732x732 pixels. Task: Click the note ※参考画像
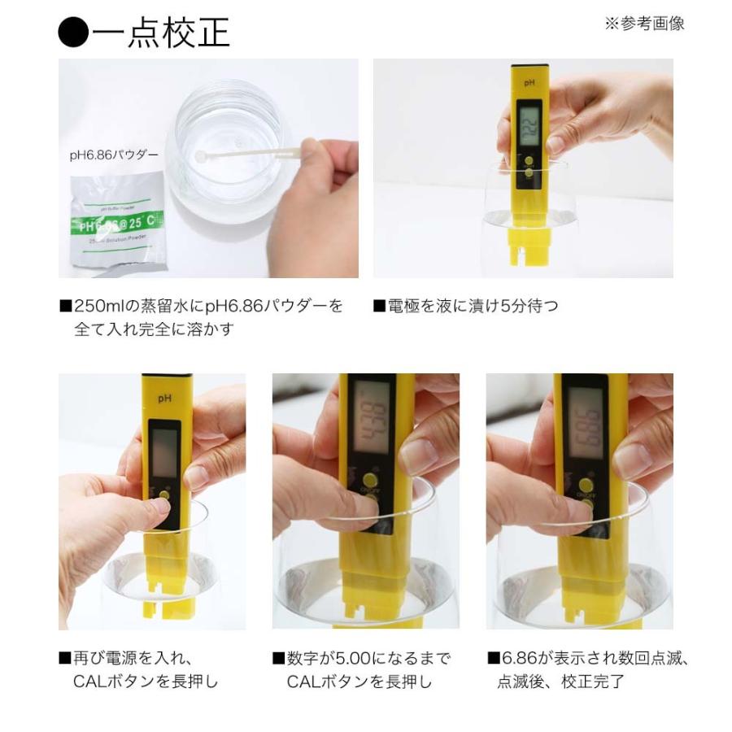644,24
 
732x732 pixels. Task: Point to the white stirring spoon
244,154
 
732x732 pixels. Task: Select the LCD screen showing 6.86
584,420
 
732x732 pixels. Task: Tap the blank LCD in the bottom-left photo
166,451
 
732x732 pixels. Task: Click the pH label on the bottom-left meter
164,398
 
